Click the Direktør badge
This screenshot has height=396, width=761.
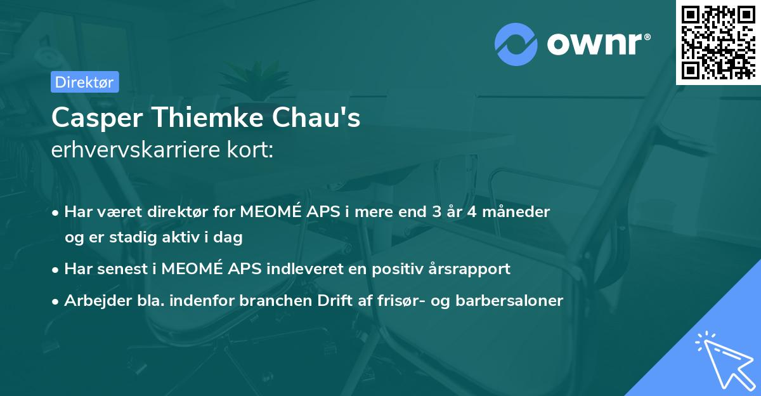84,82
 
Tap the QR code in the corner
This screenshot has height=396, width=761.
718,42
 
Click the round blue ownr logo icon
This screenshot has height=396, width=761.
516,44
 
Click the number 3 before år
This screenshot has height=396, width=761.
436,211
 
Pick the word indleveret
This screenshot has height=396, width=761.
310,268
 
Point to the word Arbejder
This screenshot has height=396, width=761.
93,300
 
